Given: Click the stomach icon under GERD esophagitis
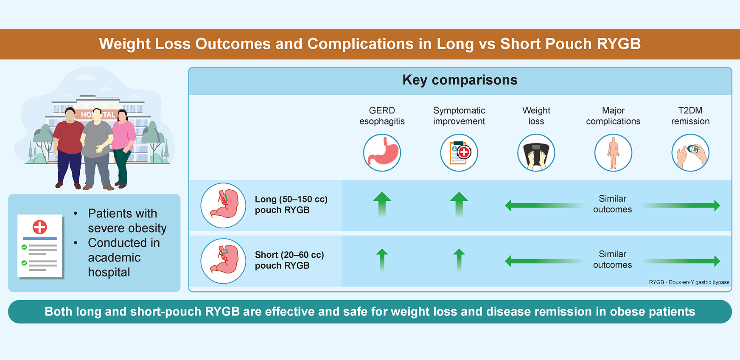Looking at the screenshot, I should point(382,153).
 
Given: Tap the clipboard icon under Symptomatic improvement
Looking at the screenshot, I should point(459,153).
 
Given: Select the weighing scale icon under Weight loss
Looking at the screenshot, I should point(536,153).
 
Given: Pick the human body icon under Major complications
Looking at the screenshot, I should point(613,153).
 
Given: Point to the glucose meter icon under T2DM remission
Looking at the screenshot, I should point(690,153).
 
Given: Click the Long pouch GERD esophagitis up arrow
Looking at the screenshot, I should point(382,204).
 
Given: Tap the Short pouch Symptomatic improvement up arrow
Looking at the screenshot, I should point(459,259).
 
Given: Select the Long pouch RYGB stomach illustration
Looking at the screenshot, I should point(223,205).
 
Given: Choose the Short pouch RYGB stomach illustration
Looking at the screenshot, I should point(223,261).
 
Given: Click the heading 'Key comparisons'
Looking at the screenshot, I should point(460,80).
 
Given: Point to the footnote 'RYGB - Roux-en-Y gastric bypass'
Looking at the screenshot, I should point(689,282).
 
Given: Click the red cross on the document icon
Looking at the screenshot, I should point(40,227).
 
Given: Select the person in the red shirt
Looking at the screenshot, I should point(69,144).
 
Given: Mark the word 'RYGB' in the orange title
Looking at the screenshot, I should point(619,44).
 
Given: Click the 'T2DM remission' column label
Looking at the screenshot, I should point(690,116).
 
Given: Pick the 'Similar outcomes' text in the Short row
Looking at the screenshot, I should point(612,259).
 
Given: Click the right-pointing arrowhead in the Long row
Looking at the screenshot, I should point(717,205).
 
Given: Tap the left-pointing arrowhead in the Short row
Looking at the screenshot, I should point(508,261).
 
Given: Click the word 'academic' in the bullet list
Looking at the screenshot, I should point(114,258).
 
